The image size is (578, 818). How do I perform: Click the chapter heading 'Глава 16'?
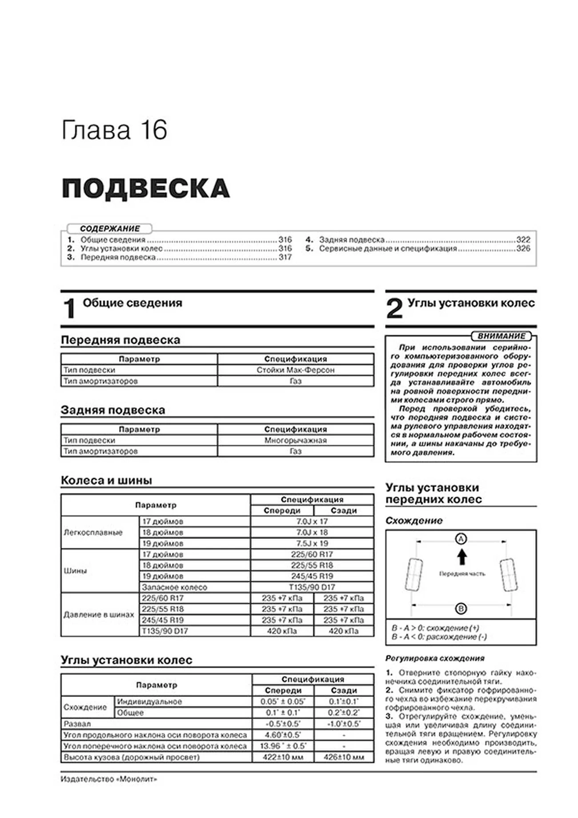point(114,130)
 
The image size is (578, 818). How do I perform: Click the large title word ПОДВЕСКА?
point(145,189)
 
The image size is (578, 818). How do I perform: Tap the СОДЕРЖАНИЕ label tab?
point(110,229)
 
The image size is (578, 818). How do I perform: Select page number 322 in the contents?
point(523,240)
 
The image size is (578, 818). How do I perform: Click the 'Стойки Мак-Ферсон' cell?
point(295,370)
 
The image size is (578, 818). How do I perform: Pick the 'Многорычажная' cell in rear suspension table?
point(295,440)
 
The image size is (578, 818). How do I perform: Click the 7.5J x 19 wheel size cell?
point(312,544)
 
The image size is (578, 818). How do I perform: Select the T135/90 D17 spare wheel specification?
point(312,587)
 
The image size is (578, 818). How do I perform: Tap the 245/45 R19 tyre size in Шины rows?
point(312,576)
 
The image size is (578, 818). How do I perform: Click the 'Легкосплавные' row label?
point(93,532)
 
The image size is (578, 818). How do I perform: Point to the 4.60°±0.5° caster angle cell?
point(283,735)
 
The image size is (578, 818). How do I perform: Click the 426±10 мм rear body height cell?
point(344,757)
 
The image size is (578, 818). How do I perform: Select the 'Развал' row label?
point(77,724)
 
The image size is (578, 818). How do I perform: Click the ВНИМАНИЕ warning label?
point(501,336)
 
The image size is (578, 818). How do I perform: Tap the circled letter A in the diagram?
point(461,539)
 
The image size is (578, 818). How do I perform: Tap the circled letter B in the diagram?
point(461,608)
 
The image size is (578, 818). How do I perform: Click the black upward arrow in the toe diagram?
point(462,556)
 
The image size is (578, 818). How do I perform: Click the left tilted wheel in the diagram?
point(414,575)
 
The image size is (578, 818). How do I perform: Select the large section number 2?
point(394,309)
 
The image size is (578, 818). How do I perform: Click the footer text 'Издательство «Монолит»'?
point(109,780)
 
